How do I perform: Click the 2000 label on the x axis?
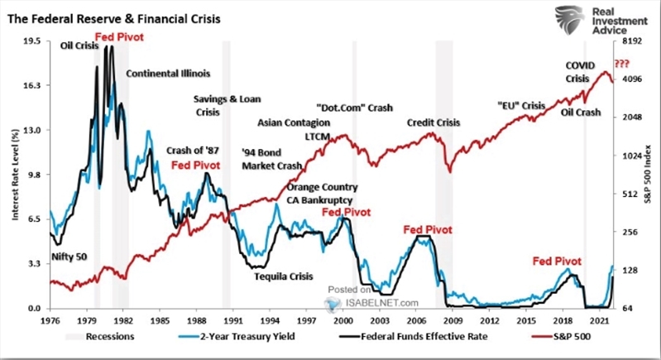(x=342, y=319)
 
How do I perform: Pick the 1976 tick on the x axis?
(x=50, y=319)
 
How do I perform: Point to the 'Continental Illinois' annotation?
(x=168, y=73)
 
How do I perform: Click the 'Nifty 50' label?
(x=67, y=257)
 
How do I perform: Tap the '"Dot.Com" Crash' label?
(x=354, y=108)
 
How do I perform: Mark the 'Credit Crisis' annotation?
(x=433, y=122)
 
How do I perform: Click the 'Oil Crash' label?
(x=580, y=112)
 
